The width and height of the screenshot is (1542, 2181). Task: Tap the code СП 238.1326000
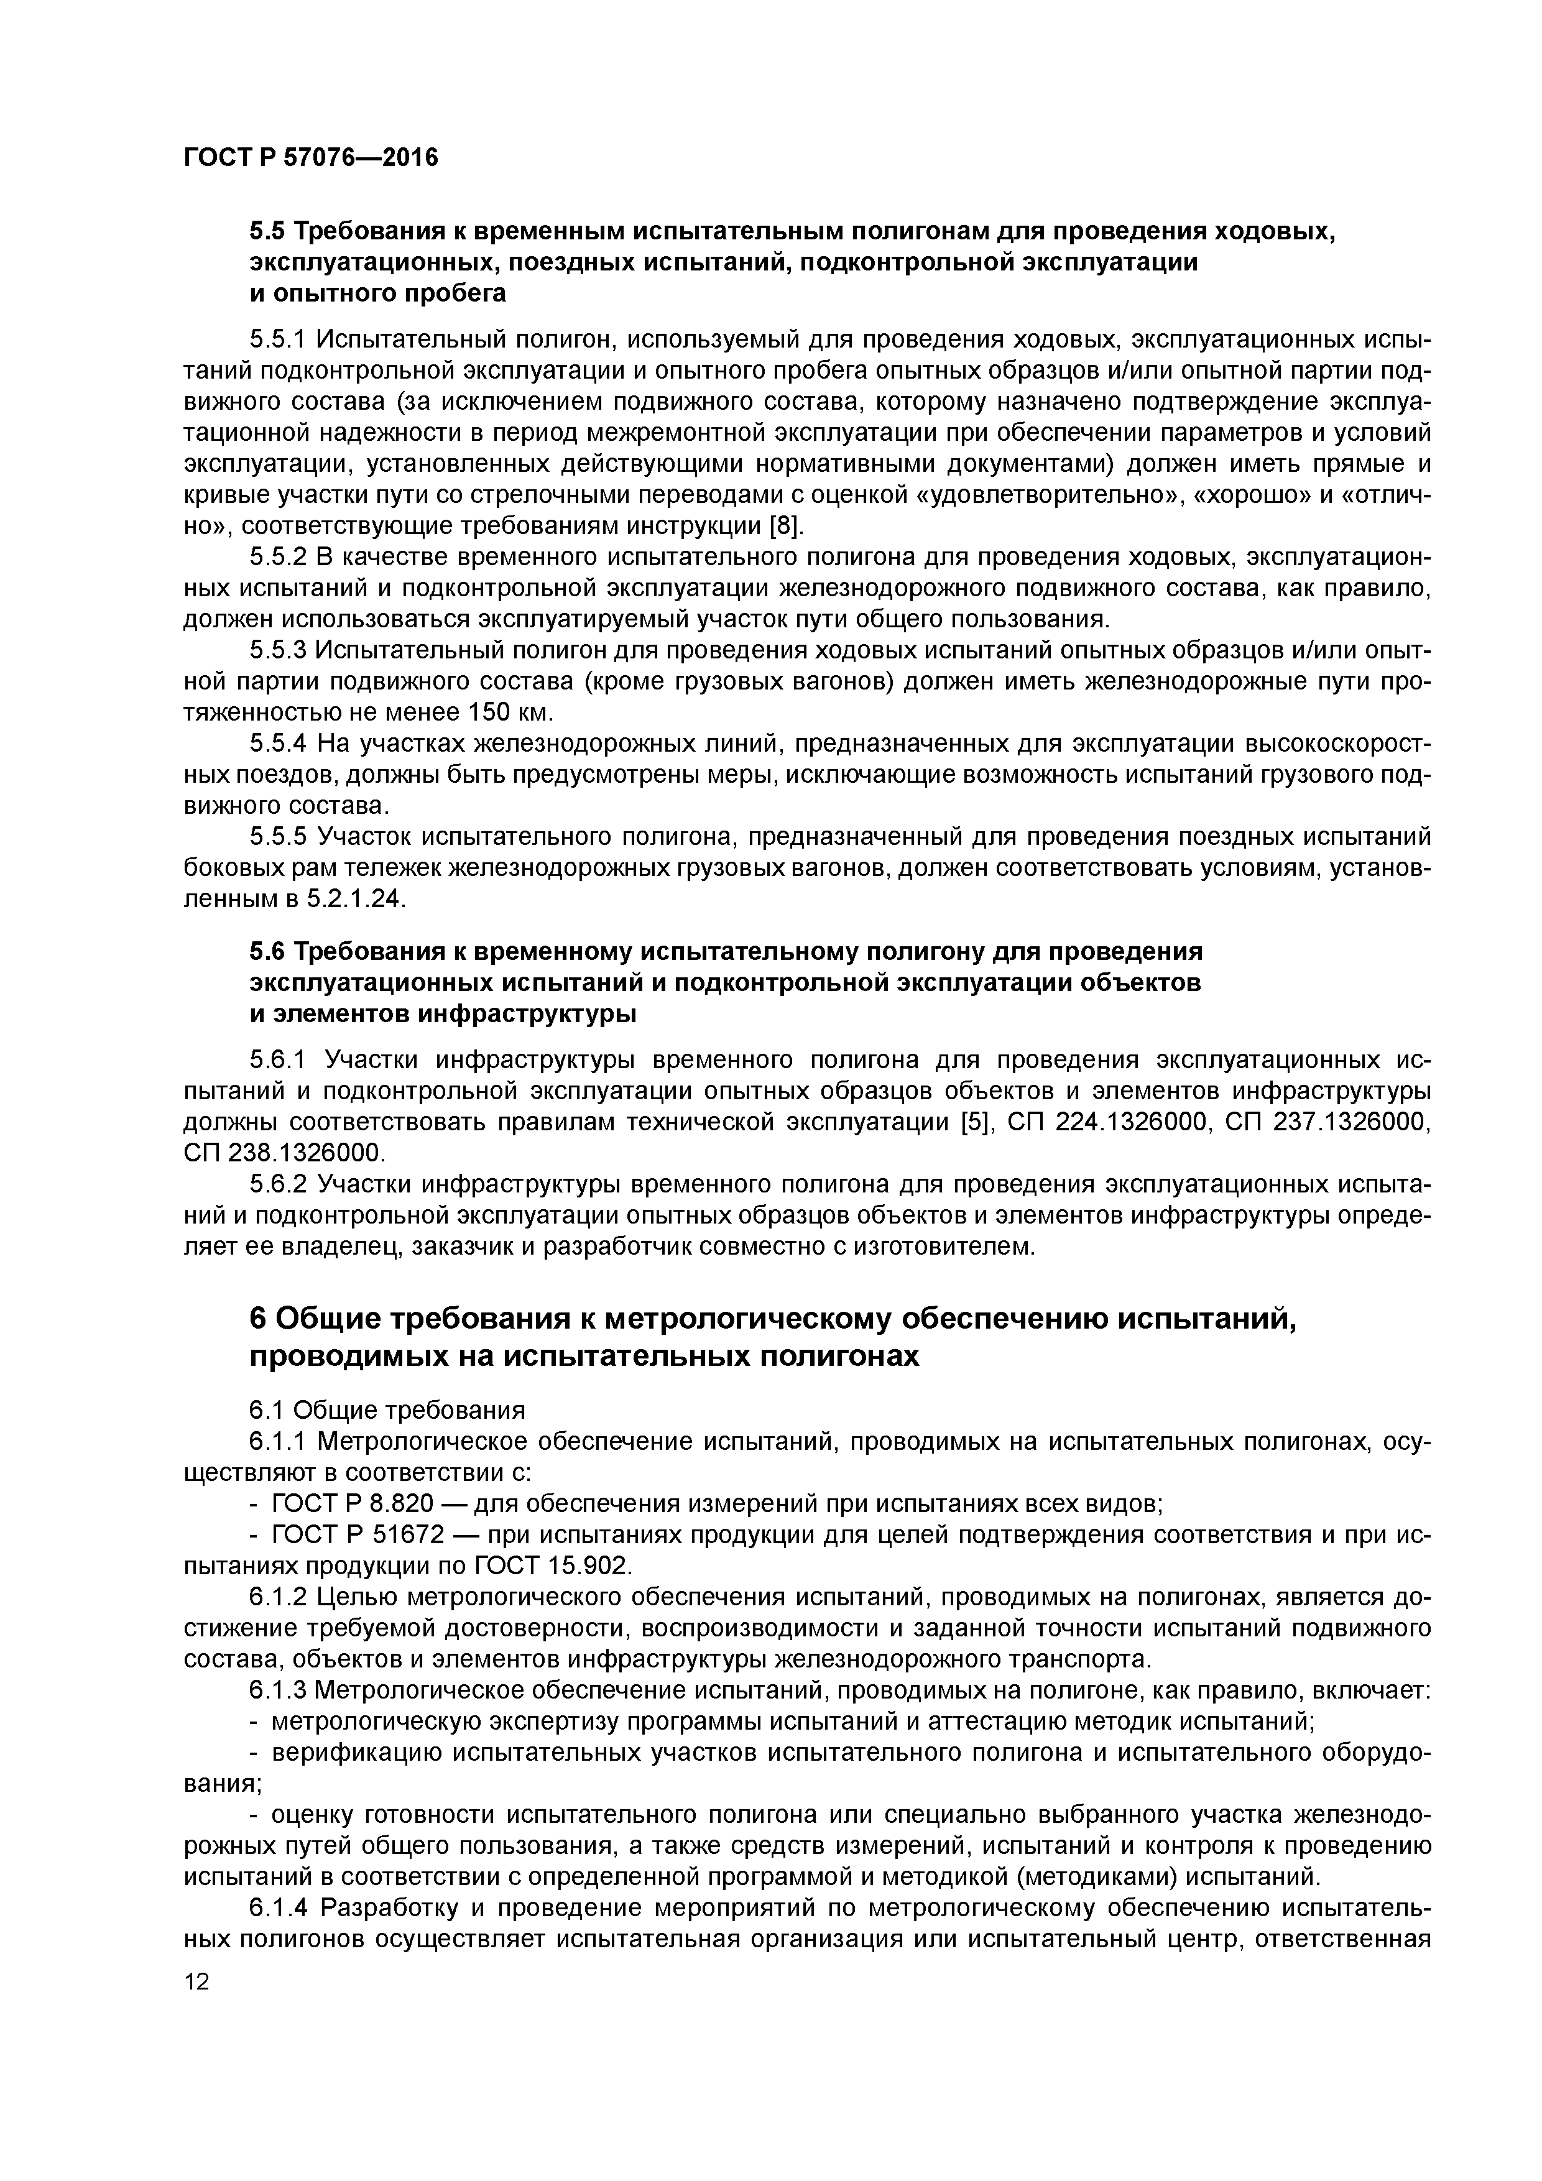pyautogui.click(x=284, y=1153)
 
